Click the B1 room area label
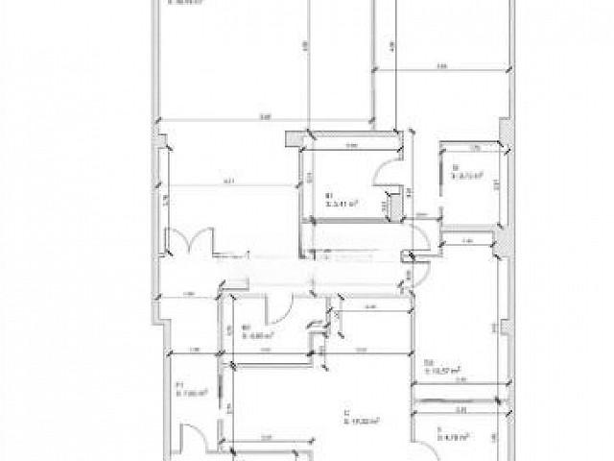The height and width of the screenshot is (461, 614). pos(342,202)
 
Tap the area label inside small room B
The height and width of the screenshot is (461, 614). pos(466,177)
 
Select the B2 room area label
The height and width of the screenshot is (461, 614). pos(257,335)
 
